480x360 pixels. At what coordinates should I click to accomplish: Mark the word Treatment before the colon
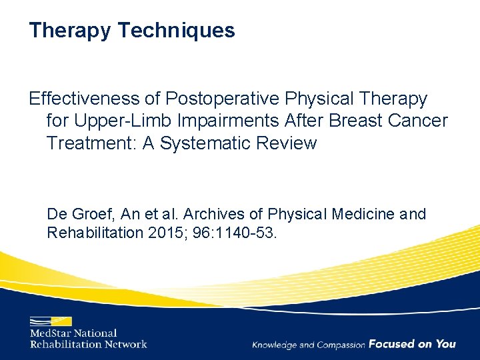pyautogui.click(x=91, y=143)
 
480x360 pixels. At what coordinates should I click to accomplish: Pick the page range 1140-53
pyautogui.click(x=254, y=233)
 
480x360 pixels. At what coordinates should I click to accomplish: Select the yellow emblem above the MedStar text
pyautogui.click(x=50, y=319)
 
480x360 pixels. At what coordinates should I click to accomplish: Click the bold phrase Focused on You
pyautogui.click(x=412, y=344)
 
